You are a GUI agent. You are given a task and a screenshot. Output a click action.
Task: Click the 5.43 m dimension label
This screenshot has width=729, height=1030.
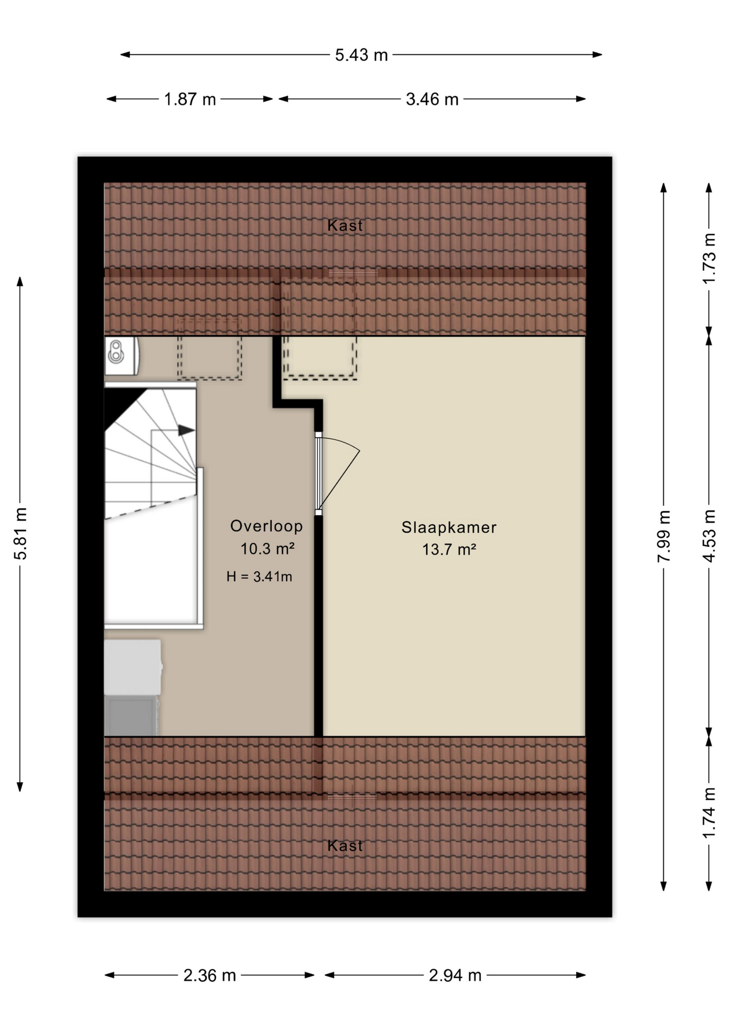pyautogui.click(x=361, y=55)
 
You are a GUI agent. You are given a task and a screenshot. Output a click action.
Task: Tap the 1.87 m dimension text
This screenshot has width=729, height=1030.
pyautogui.click(x=190, y=99)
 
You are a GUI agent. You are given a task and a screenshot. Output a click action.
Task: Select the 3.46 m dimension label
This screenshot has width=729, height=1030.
pyautogui.click(x=432, y=99)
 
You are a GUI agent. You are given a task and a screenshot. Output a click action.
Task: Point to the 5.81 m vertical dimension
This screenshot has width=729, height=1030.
pyautogui.click(x=20, y=533)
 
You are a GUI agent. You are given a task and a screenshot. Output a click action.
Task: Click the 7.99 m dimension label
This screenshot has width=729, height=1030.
pyautogui.click(x=664, y=536)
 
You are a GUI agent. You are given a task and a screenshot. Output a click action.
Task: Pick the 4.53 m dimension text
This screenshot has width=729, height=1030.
pyautogui.click(x=709, y=536)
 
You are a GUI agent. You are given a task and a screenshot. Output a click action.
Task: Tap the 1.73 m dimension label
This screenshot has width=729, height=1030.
pyautogui.click(x=709, y=259)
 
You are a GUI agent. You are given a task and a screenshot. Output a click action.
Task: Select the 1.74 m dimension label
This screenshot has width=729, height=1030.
pyautogui.click(x=709, y=813)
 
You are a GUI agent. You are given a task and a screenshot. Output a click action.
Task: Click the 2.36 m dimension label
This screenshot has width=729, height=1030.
pyautogui.click(x=210, y=975)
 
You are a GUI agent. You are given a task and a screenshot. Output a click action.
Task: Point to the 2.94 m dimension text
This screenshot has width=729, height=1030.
pyautogui.click(x=455, y=975)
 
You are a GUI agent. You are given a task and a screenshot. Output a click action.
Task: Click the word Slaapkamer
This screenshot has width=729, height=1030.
pyautogui.click(x=449, y=527)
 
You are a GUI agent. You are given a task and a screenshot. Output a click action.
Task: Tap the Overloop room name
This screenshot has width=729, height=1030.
pyautogui.click(x=266, y=526)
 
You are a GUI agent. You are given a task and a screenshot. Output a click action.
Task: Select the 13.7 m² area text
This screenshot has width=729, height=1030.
pyautogui.click(x=449, y=549)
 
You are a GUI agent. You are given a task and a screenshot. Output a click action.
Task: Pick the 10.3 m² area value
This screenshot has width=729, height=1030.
pyautogui.click(x=267, y=549)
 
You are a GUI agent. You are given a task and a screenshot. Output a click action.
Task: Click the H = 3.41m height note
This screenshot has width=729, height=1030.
pyautogui.click(x=259, y=577)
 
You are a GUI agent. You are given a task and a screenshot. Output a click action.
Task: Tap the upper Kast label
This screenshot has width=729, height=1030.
pyautogui.click(x=345, y=225)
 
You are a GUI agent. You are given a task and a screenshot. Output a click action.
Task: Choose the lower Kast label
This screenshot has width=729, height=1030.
pyautogui.click(x=345, y=846)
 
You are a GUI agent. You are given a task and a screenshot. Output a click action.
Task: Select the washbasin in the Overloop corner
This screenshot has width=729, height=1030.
pyautogui.click(x=122, y=355)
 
